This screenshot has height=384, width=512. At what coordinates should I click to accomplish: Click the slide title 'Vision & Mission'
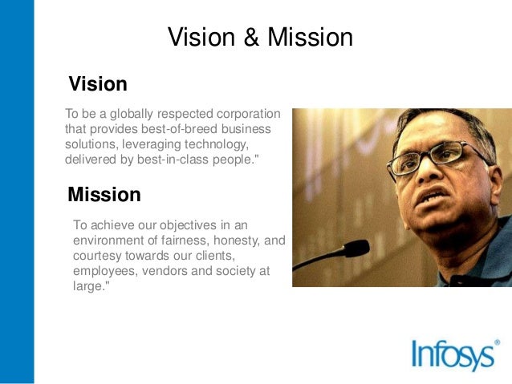click(x=260, y=38)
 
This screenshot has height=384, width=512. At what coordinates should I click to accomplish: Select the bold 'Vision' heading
click(x=98, y=84)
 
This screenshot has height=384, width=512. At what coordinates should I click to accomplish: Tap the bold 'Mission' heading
click(x=104, y=194)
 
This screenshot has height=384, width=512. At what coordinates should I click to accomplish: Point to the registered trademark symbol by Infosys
click(x=497, y=342)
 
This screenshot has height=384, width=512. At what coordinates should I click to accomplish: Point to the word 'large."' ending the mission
click(x=90, y=285)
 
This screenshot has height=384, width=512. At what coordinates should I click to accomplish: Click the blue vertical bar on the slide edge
click(x=17, y=192)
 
